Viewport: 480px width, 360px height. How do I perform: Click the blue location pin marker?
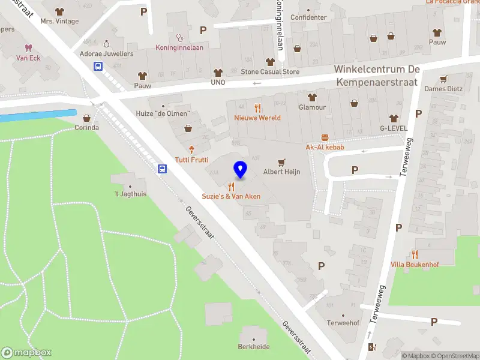240,170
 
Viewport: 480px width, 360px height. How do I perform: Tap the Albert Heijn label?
281,172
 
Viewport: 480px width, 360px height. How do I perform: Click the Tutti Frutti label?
192,160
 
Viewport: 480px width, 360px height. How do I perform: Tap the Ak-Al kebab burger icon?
325,137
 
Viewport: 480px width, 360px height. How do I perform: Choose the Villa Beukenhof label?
415,265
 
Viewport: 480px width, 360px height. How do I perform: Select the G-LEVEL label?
394,128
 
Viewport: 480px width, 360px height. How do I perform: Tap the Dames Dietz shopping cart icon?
444,79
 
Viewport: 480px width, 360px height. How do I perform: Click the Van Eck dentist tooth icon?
28,47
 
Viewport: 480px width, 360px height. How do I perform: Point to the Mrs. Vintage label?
59,21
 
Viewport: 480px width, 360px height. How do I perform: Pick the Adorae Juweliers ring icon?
107,43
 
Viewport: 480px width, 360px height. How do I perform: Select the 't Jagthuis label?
130,194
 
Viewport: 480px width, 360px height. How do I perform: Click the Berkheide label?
253,347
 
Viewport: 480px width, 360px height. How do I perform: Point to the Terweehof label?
343,323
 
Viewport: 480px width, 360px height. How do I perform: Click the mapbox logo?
26,353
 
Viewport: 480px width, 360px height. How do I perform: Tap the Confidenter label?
308,17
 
